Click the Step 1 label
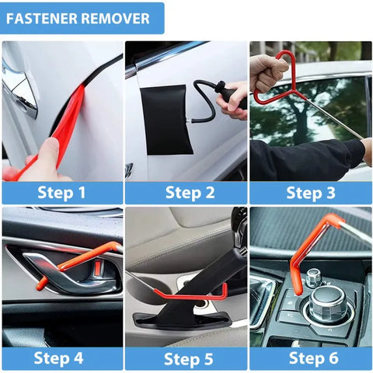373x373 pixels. pos(62,192)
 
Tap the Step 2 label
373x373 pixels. pos(186,192)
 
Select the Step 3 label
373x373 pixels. pos(311,192)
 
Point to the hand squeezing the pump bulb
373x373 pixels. pos(233,99)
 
